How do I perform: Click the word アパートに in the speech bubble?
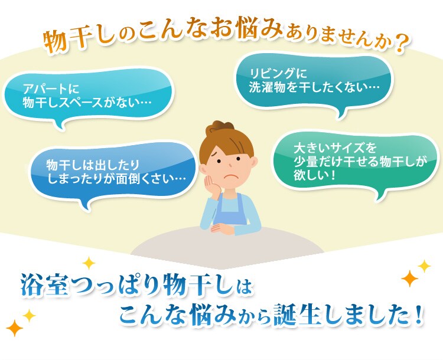pyautogui.click(x=51, y=89)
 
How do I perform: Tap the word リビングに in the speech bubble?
pyautogui.click(x=278, y=73)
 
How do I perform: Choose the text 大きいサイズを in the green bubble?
pyautogui.click(x=335, y=148)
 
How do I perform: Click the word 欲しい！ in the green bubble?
pyautogui.click(x=314, y=175)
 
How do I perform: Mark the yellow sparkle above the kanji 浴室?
pyautogui.click(x=89, y=263)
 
